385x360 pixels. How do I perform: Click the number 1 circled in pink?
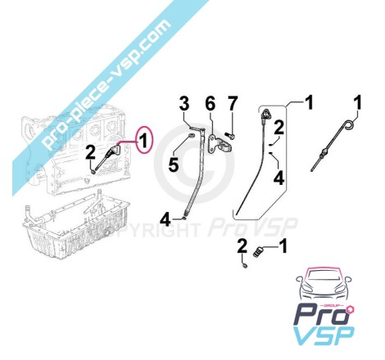tap(144, 141)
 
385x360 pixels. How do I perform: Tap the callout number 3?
tap(184, 104)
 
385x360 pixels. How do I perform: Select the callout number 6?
tap(211, 104)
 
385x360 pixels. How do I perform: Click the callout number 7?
tap(232, 104)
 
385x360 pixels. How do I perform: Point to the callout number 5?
tap(174, 164)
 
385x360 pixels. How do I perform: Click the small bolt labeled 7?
tap(230, 135)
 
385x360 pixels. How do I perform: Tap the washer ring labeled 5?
tap(191, 135)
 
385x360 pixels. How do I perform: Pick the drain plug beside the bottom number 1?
tap(259, 251)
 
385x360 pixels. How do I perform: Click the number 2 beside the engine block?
tap(90, 153)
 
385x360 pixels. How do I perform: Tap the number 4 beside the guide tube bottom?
tap(165, 219)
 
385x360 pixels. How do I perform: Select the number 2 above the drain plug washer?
tap(242, 246)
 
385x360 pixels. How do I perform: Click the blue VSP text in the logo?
tap(324, 337)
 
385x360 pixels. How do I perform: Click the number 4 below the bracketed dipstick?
tap(279, 178)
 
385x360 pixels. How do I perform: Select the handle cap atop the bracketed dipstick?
tap(265, 115)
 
